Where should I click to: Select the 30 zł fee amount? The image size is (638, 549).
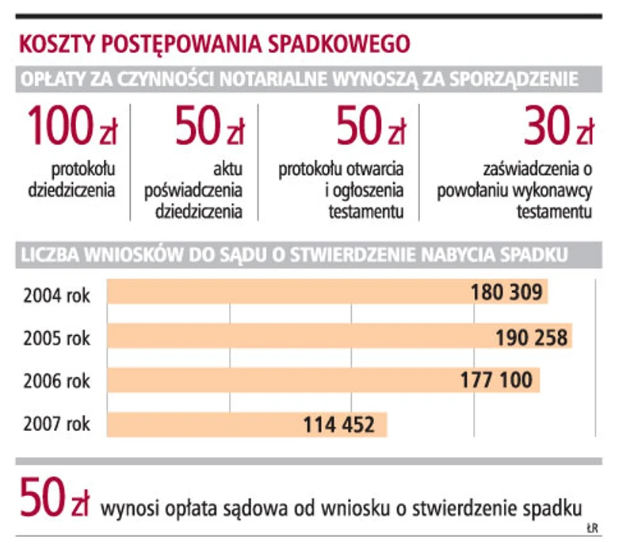(558, 126)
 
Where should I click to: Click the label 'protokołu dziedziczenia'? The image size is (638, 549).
(72, 179)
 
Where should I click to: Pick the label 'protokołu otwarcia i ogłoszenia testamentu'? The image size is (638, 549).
(341, 190)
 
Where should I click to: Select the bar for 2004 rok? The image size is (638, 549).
(327, 292)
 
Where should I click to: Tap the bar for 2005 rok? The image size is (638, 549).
(339, 337)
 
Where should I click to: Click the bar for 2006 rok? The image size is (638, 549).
(323, 380)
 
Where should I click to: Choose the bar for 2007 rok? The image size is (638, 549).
(246, 425)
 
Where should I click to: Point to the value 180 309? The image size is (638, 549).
(506, 293)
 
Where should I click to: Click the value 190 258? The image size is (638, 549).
(532, 337)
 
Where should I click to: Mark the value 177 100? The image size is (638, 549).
(496, 381)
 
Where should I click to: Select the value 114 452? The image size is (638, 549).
(338, 425)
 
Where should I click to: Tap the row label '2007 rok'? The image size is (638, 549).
(56, 425)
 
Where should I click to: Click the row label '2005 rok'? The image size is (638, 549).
(56, 337)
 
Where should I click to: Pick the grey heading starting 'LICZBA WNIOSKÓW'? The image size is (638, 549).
(292, 255)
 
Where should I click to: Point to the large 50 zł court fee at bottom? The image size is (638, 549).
(54, 499)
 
